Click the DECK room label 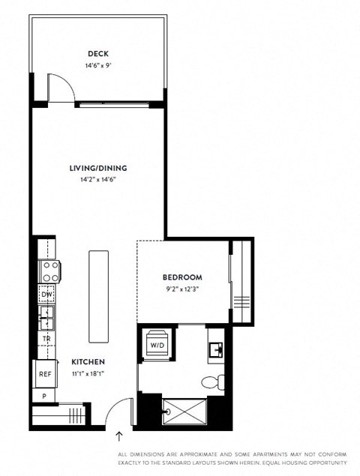point(97,53)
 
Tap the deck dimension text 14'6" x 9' point(97,65)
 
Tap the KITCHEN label point(88,361)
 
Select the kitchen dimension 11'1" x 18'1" point(88,373)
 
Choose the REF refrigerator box point(45,373)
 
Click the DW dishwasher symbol point(46,295)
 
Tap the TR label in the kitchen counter point(46,339)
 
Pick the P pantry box point(43,396)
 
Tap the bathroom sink point(216,349)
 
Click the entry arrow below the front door point(118,436)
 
